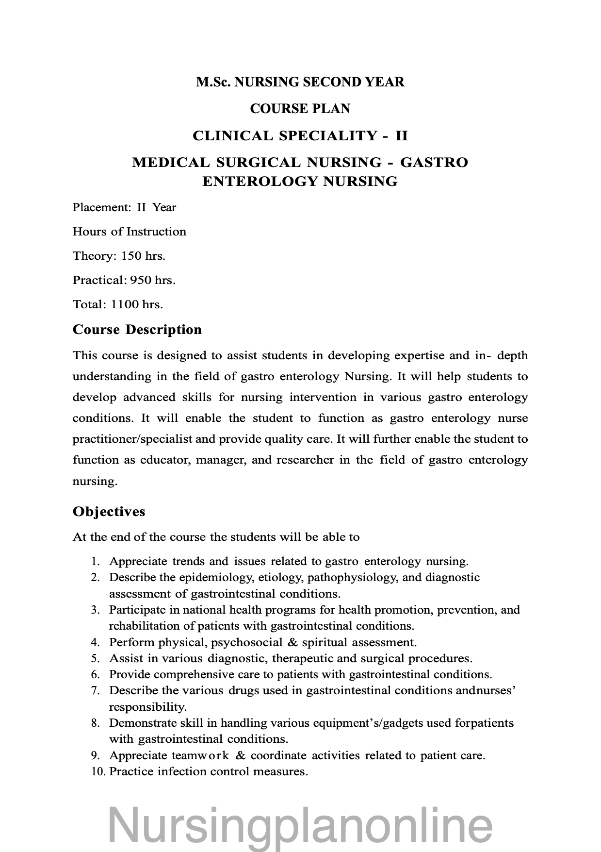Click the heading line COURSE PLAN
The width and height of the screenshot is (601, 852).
click(300, 109)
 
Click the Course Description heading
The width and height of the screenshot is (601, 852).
click(137, 330)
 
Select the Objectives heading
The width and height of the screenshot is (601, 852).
click(109, 512)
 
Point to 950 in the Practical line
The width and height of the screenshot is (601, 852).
click(141, 280)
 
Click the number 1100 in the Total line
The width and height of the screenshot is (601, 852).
click(125, 304)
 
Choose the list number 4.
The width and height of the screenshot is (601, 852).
click(95, 642)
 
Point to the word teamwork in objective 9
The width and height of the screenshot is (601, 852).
click(200, 755)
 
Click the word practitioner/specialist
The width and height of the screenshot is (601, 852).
click(132, 439)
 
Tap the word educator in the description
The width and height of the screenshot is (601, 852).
click(165, 460)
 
